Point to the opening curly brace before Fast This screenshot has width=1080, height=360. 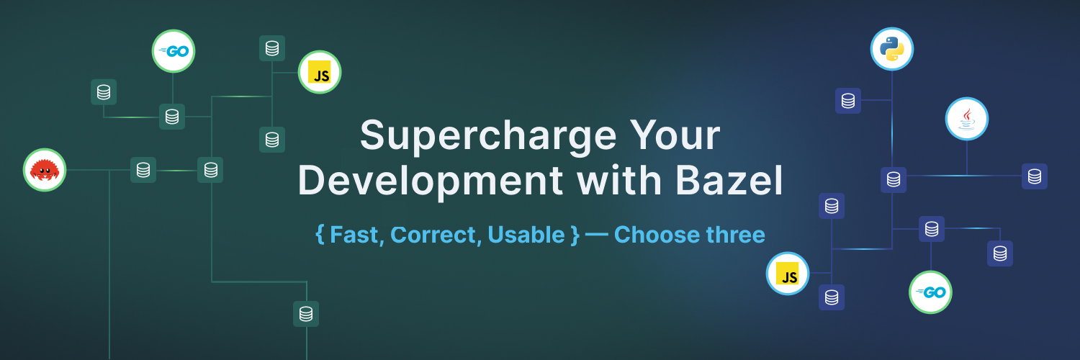pos(320,235)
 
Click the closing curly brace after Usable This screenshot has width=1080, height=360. pos(575,235)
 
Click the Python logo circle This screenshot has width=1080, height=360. pos(892,49)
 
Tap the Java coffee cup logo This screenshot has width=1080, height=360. pos(966,119)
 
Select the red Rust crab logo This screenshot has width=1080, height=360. pos(45,171)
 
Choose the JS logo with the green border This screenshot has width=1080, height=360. pos(319,72)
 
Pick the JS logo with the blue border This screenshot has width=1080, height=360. pos(788,274)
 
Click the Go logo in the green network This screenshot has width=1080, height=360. pos(173,51)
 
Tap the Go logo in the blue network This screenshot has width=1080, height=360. pos(930,292)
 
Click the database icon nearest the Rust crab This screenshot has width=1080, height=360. pos(143,170)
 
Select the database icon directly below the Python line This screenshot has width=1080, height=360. pos(894,180)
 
